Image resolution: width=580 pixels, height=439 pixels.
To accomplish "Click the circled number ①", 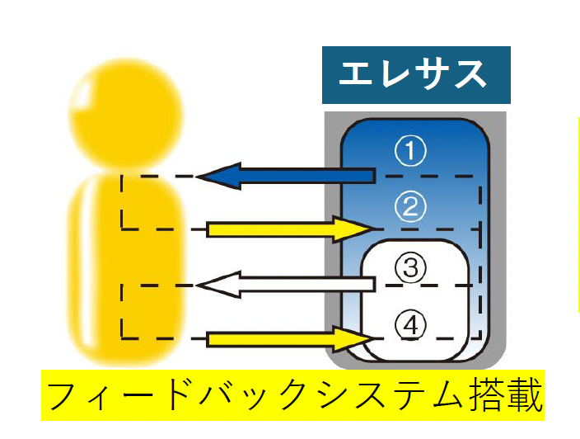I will [409, 150].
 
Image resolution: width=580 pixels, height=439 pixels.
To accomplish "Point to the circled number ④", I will [409, 324].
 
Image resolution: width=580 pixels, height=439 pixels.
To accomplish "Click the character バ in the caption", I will [212, 395].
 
